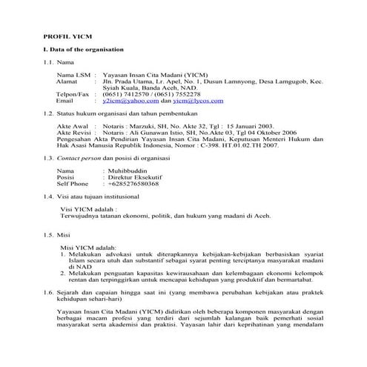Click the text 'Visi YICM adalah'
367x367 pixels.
87,209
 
